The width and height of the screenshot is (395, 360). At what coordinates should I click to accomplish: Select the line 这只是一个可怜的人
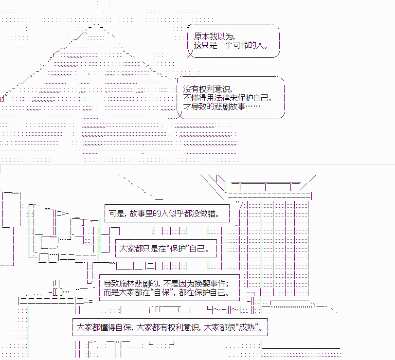click(231, 45)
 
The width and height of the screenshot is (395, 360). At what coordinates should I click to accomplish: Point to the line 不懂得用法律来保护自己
click(227, 97)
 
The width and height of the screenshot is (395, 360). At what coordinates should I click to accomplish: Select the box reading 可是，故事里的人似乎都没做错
click(167, 214)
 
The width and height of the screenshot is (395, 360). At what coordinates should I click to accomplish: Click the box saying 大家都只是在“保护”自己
click(166, 249)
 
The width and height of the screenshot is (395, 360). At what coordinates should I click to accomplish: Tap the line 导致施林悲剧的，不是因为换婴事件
click(166, 284)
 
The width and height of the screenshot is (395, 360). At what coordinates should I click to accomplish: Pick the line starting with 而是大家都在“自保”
click(166, 292)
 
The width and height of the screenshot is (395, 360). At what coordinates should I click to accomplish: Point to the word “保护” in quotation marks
click(178, 249)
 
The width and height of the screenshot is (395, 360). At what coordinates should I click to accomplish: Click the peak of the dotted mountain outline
click(96, 24)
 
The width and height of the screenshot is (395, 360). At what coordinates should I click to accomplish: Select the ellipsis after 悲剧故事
click(252, 107)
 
